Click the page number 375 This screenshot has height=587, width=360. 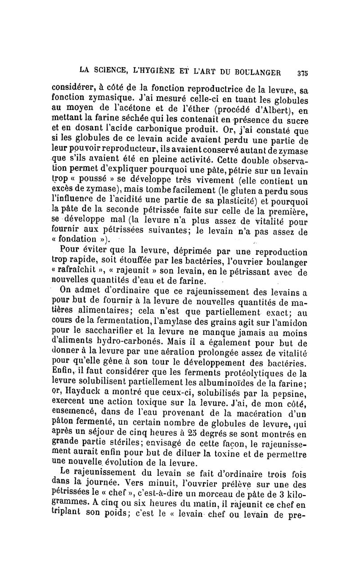click(x=302, y=71)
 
